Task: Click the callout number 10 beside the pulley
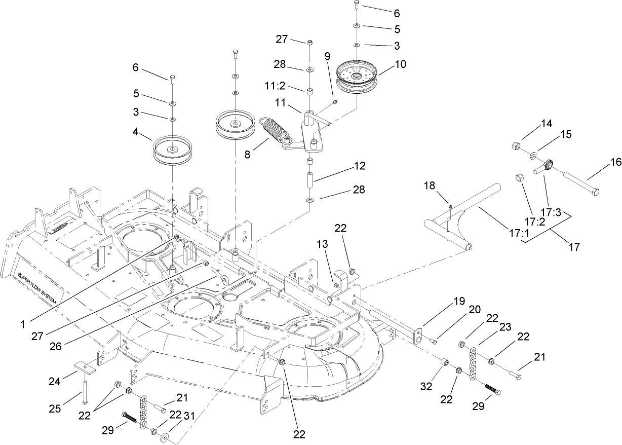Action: tap(401, 64)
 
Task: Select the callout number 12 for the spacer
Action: tap(360, 166)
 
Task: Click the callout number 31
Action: tap(190, 416)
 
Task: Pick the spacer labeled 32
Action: tap(444, 363)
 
